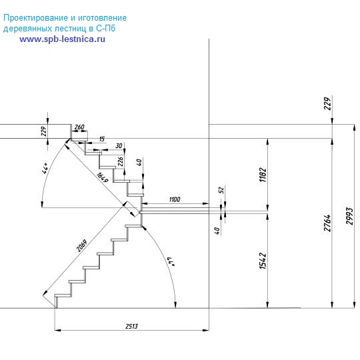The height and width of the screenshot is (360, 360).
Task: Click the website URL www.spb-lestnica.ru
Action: tap(62, 39)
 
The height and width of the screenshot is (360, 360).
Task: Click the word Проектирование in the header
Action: tap(33, 18)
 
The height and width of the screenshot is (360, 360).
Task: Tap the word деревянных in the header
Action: tap(28, 29)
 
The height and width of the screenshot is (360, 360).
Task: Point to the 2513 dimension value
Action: tap(131, 326)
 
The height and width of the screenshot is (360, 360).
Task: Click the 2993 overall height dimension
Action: tap(350, 216)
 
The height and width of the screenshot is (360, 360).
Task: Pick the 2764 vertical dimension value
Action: tap(327, 223)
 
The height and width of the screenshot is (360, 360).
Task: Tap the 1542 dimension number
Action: tap(263, 261)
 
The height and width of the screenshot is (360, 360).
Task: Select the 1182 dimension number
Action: tap(263, 175)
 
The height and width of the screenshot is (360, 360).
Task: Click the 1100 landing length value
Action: tap(175, 199)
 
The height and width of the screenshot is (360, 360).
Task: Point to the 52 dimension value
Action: tap(221, 190)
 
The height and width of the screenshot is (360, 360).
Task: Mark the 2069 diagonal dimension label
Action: tap(82, 245)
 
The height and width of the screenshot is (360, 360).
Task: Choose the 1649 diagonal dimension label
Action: tap(102, 177)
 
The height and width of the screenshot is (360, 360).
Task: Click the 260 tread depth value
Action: tap(79, 127)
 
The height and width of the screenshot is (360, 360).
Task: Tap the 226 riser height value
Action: tap(120, 161)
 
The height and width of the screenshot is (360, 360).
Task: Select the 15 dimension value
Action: tap(102, 139)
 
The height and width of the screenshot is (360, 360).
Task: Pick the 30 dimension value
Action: tap(119, 145)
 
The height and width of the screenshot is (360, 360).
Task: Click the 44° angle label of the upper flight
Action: tap(45, 168)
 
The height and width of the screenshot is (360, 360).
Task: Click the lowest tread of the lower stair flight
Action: tap(63, 295)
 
